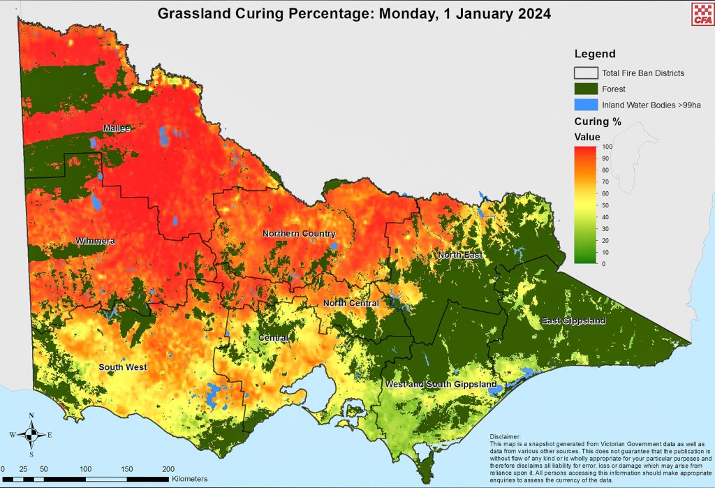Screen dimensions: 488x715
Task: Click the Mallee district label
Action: pos(117,128)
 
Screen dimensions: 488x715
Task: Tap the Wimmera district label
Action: pos(96,242)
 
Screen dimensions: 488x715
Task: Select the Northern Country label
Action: pos(299,233)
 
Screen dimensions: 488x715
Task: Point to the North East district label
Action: pos(460,255)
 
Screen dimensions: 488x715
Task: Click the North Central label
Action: pos(351,303)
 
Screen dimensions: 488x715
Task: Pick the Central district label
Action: pos(273,338)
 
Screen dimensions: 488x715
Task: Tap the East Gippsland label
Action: pos(573,320)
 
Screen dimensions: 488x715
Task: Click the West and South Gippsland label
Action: pos(441,384)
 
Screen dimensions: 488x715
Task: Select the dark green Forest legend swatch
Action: pos(586,89)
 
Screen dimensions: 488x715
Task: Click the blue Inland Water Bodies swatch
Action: pos(586,105)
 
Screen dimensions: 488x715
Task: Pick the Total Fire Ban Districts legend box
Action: pos(586,73)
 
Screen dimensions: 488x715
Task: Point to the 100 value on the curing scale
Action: pos(606,147)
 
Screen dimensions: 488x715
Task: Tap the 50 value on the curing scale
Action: pos(605,206)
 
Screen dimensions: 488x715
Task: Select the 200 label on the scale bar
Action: pos(168,468)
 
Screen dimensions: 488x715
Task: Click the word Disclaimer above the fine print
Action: pos(506,435)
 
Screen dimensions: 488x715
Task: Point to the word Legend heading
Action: pos(595,54)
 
